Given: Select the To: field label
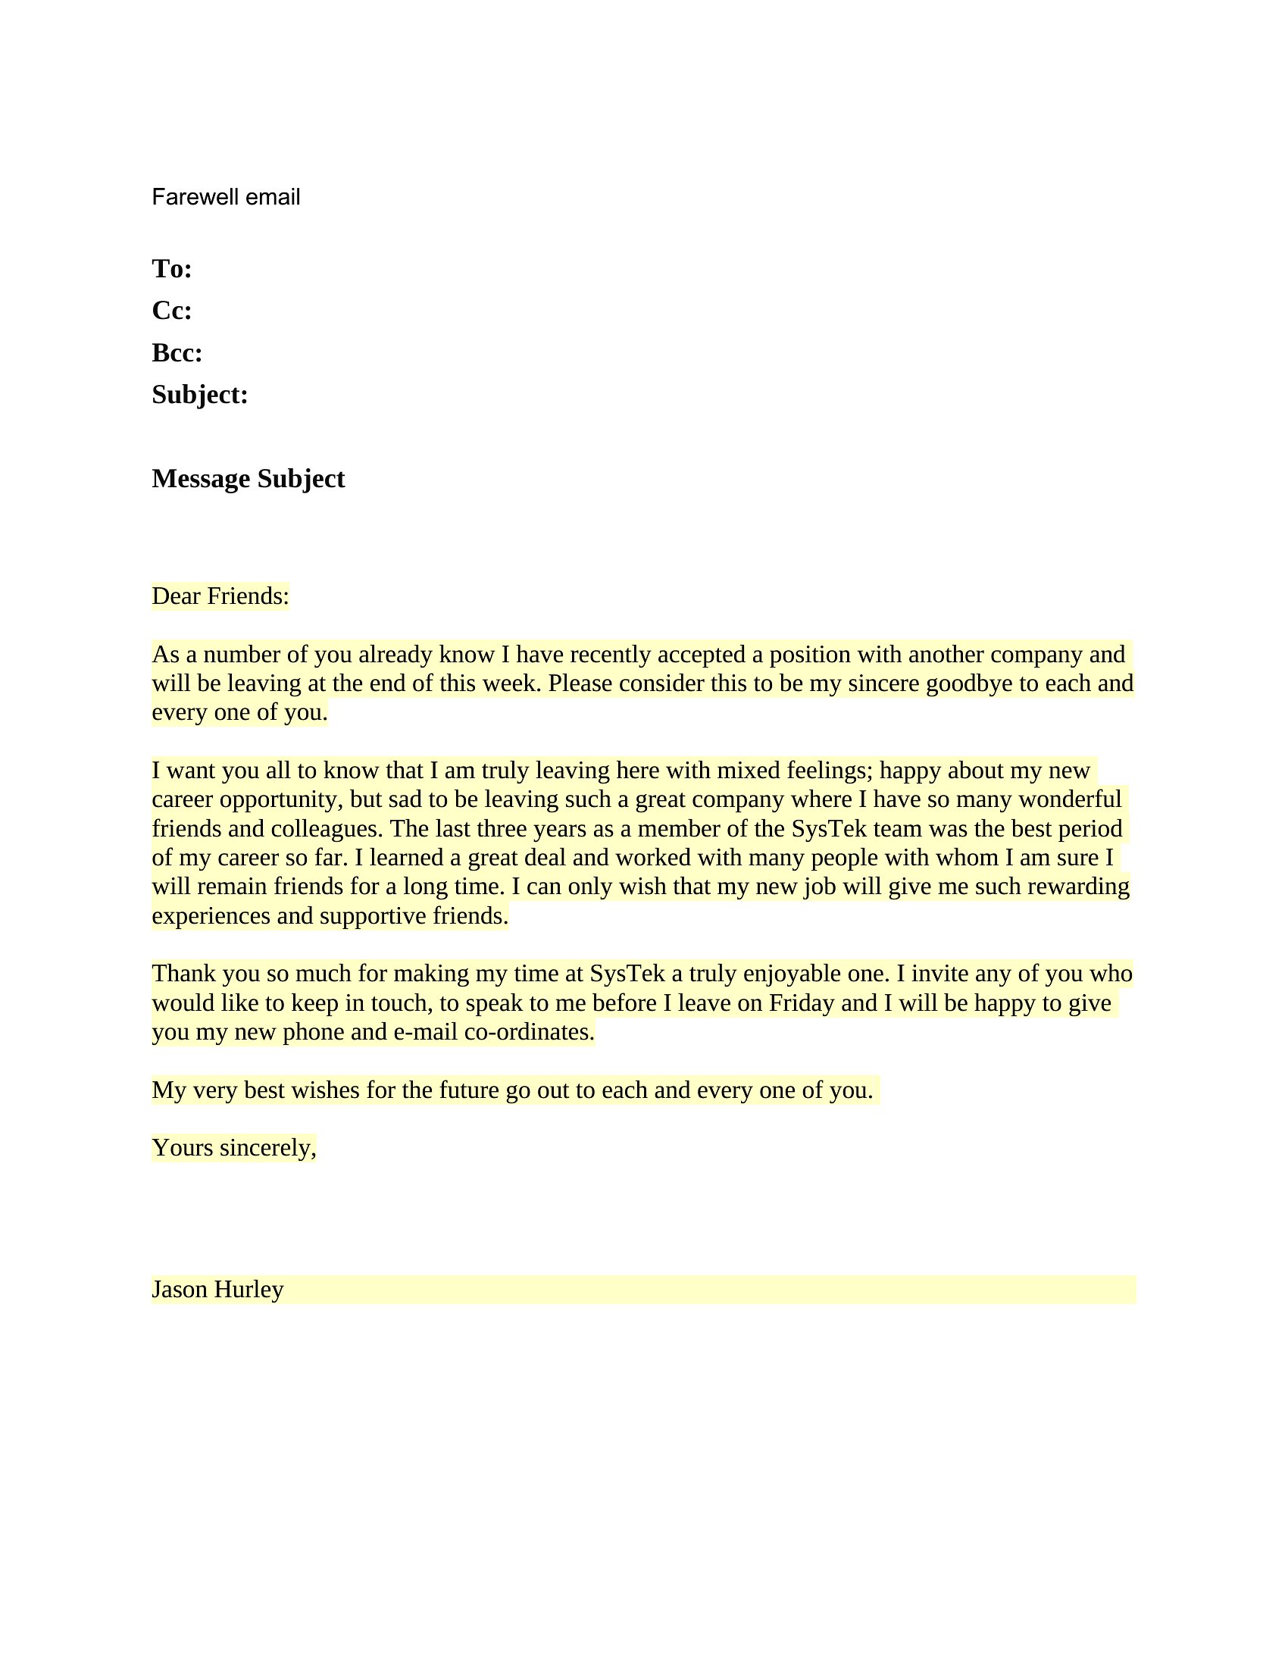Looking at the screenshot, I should pos(172,269).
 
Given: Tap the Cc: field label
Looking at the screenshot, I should pos(172,311).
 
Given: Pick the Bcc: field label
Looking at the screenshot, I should pos(177,352).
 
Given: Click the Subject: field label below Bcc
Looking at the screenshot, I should pos(200,395).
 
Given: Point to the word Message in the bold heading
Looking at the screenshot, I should pos(201,479).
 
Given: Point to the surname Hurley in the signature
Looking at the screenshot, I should pos(249,1289).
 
